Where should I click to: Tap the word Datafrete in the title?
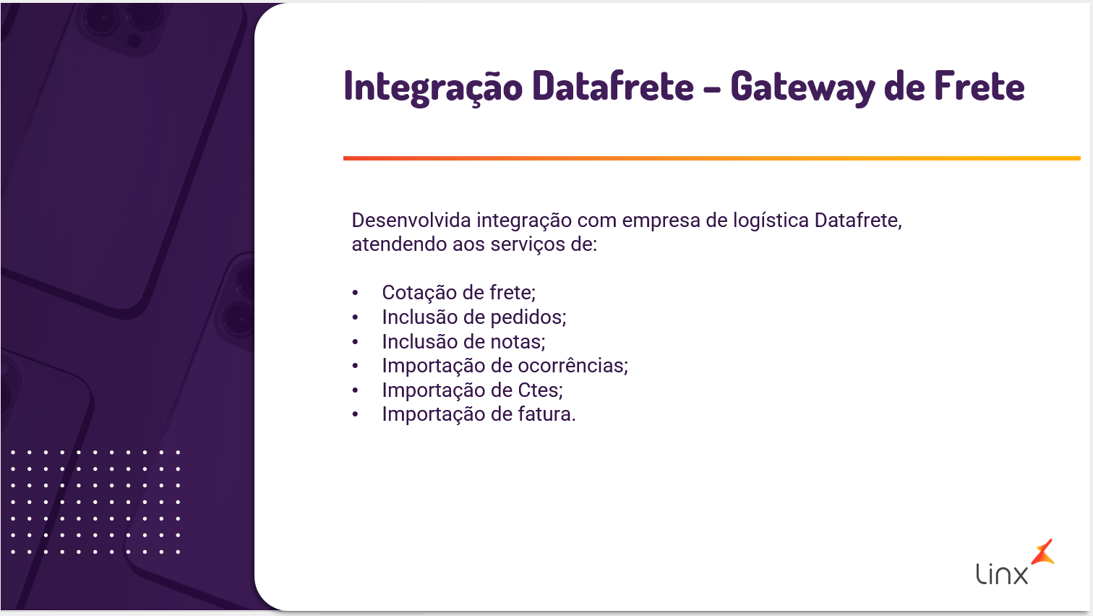613,86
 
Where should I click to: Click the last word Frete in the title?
980,86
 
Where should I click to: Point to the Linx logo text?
1002,574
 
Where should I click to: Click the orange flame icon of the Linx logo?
1043,552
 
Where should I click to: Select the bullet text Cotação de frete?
458,293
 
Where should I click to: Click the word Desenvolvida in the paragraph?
411,221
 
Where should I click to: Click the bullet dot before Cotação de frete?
355,294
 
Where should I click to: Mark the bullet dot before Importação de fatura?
355,415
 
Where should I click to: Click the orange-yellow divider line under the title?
712,158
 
